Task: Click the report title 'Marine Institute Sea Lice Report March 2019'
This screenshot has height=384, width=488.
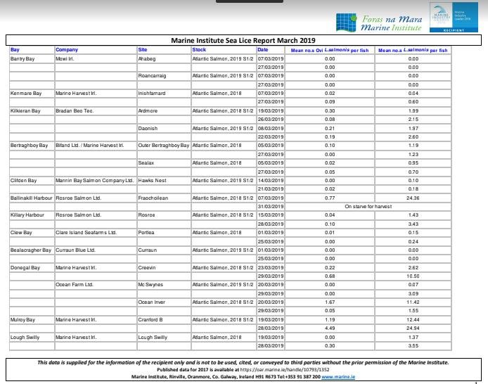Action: [243, 41]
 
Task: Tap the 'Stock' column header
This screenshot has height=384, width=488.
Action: [200, 50]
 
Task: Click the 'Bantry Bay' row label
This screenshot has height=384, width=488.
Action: [23, 59]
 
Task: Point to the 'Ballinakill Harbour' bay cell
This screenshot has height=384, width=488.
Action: [31, 198]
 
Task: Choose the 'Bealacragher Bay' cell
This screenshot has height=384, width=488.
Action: [31, 250]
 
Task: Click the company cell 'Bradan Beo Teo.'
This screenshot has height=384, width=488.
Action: [75, 111]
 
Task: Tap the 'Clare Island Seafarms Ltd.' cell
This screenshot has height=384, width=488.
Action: [86, 232]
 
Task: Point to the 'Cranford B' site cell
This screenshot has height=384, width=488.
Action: [150, 320]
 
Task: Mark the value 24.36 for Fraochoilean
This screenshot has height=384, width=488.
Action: [413, 198]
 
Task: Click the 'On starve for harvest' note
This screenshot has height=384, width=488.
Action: [368, 207]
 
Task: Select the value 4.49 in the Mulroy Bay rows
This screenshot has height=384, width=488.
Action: [330, 328]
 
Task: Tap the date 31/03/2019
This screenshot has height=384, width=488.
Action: [271, 207]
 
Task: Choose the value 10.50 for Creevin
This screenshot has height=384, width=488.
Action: [413, 276]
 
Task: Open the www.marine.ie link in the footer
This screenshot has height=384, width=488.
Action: [339, 377]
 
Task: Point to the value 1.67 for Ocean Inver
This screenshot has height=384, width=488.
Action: [330, 302]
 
